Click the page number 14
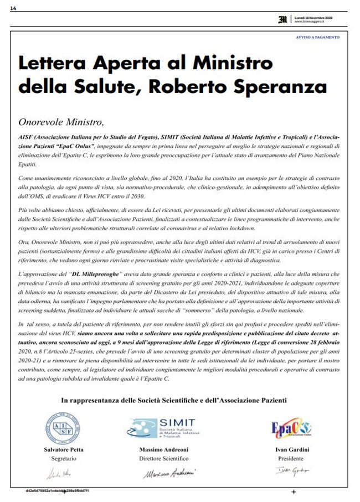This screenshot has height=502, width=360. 13,7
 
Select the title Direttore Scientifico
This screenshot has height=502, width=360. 163,459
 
